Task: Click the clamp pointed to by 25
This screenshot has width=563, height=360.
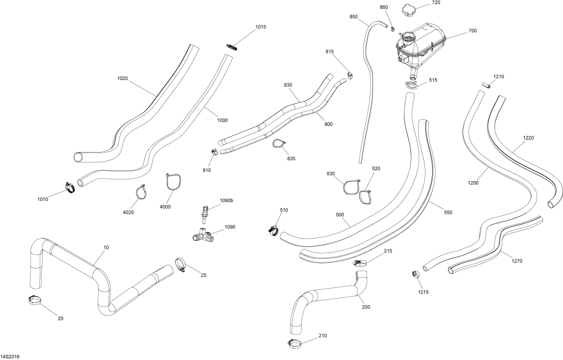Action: tap(181, 265)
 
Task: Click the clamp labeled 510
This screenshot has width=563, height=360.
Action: tap(273, 229)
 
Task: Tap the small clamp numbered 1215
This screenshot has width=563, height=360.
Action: tap(417, 274)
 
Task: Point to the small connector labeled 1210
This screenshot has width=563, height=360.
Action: tap(485, 85)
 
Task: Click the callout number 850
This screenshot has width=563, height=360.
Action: tap(354, 17)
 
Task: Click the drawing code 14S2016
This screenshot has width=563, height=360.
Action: tap(10, 356)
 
